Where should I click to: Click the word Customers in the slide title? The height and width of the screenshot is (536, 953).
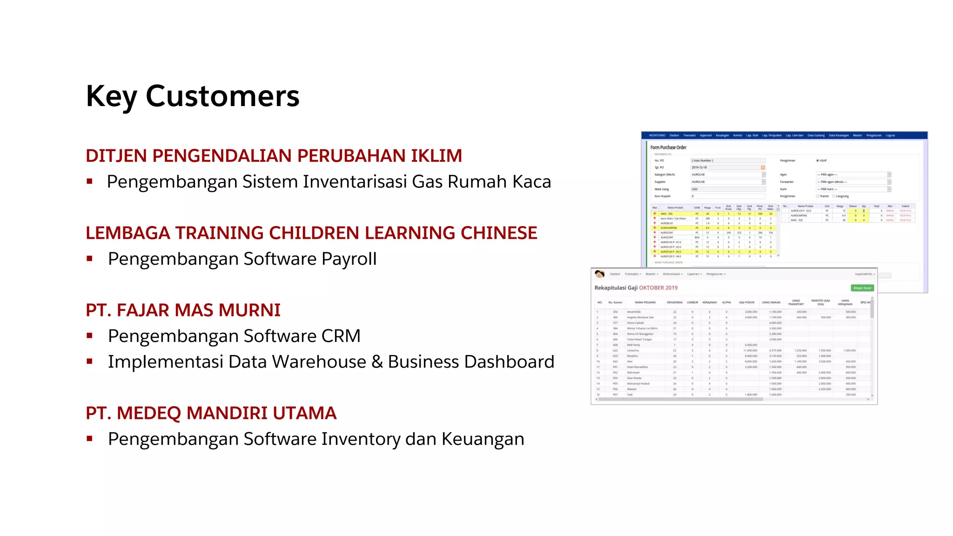[222, 96]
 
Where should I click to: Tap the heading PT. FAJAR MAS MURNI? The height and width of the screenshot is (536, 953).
[183, 310]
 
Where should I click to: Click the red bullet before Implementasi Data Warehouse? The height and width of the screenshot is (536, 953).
[89, 361]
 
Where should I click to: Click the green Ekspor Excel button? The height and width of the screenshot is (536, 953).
[862, 288]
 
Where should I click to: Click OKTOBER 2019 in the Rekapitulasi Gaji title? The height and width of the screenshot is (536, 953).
[658, 288]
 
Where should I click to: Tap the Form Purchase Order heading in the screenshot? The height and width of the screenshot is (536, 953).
[668, 147]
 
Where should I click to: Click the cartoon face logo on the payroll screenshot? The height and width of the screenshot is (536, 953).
[599, 274]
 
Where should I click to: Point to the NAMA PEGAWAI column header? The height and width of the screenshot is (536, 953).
[645, 302]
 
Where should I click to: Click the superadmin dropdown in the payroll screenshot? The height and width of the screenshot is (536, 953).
[865, 274]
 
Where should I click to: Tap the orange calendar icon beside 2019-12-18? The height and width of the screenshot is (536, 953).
[763, 167]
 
